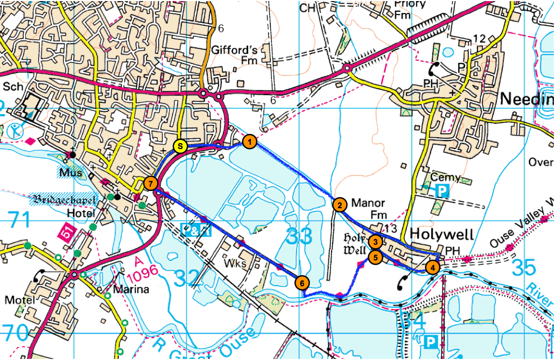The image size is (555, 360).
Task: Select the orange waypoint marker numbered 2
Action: pos(339,204)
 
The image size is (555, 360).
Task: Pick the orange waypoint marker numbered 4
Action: pos(432,266)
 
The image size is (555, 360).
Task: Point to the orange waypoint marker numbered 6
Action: pos(302,282)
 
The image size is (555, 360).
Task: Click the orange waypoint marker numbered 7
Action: pos(151,183)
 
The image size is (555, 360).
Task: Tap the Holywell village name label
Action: pos(442,235)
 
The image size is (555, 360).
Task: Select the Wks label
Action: pos(237,264)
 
